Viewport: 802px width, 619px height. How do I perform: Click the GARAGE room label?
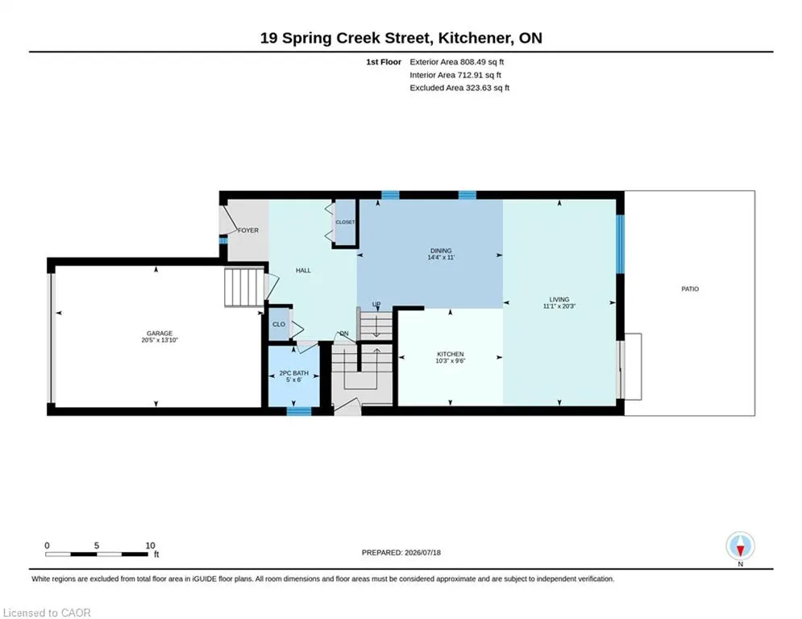[x=160, y=333]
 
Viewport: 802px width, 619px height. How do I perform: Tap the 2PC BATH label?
[x=293, y=373]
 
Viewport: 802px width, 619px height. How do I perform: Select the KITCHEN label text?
[x=450, y=354]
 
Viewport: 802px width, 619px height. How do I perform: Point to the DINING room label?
[x=441, y=251]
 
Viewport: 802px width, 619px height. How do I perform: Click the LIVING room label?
[x=559, y=299]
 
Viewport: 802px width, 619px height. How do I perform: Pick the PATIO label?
[x=690, y=289]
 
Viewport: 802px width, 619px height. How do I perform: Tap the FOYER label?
[x=248, y=231]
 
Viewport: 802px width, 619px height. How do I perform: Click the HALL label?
[x=303, y=270]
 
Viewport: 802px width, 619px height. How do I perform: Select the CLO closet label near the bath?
[x=279, y=324]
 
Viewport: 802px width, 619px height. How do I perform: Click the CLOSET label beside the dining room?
[x=345, y=222]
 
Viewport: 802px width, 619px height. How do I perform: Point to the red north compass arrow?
[x=740, y=550]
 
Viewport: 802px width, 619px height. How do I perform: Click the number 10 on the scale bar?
[x=150, y=546]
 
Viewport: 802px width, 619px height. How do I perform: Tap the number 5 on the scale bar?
[x=96, y=546]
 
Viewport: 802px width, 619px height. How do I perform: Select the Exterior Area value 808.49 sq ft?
[x=482, y=62]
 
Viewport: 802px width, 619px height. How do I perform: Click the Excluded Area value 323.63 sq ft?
[x=488, y=88]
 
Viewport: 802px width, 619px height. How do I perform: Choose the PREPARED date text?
[x=401, y=552]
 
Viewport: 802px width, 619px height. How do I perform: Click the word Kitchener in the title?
[x=474, y=38]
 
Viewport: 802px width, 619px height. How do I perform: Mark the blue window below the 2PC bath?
[x=299, y=411]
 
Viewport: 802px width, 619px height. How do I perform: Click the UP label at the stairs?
[x=376, y=305]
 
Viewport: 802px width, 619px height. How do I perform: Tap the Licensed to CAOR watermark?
[x=47, y=613]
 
